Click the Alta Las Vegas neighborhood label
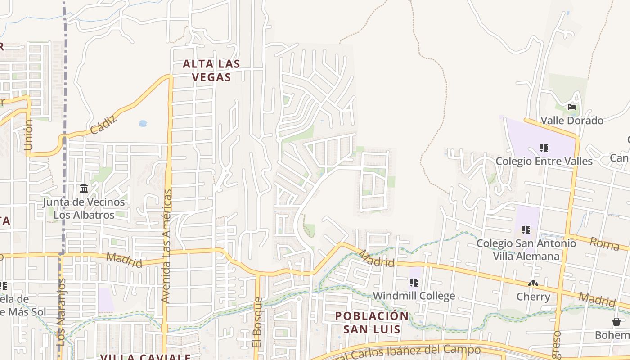[x=211, y=71]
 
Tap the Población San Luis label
[x=372, y=322]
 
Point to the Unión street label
[x=29, y=135]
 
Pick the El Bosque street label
[x=257, y=322]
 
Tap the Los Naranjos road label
[x=62, y=312]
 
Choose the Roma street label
[x=604, y=243]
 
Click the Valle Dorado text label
[x=572, y=121]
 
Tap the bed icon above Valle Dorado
[x=572, y=107]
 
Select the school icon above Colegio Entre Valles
[x=544, y=148]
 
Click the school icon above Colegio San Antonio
[x=526, y=230]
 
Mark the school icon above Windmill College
[x=414, y=283]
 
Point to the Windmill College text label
[x=414, y=296]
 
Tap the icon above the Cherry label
[x=533, y=283]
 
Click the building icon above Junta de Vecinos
[x=84, y=188]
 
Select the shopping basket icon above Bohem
[x=616, y=322]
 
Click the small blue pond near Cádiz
[x=143, y=123]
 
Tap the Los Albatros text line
[x=84, y=215]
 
